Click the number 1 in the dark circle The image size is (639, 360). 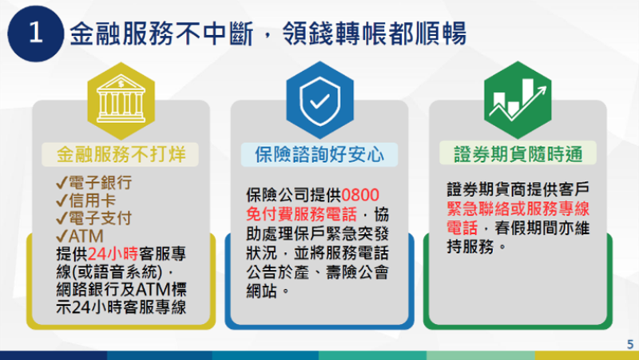[35, 34]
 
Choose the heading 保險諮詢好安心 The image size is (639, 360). [319, 152]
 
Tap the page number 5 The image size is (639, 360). [629, 342]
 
